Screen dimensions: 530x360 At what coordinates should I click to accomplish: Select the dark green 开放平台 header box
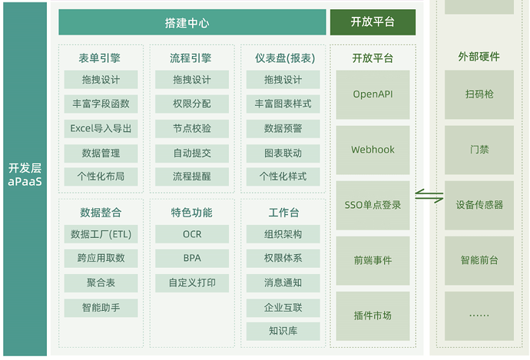(x=373, y=22)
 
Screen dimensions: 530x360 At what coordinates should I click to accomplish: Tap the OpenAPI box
(x=373, y=94)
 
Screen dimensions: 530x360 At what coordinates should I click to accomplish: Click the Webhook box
(x=373, y=150)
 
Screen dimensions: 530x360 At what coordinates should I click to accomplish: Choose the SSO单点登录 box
(x=373, y=205)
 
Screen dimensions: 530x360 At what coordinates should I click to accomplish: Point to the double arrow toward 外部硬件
(x=429, y=197)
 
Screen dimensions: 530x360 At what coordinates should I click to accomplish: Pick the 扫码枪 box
(x=479, y=94)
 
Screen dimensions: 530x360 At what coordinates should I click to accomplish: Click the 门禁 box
(x=479, y=150)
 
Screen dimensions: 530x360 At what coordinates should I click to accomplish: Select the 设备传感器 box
(x=479, y=205)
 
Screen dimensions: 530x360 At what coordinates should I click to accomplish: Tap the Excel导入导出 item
(x=101, y=128)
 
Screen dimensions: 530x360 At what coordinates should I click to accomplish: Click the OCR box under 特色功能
(x=192, y=234)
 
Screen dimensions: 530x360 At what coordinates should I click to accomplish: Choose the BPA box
(x=192, y=259)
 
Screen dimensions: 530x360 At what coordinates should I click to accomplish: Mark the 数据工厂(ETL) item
(x=101, y=234)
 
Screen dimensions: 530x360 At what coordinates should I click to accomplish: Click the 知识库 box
(x=283, y=332)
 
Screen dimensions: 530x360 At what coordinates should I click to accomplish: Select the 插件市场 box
(x=373, y=315)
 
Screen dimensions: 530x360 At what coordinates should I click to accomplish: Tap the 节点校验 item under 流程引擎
(x=192, y=128)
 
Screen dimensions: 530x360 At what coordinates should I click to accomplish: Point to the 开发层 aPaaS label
(x=25, y=175)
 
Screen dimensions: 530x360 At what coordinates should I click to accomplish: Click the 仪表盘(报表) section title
(x=284, y=58)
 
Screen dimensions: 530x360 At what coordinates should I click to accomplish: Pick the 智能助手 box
(x=101, y=308)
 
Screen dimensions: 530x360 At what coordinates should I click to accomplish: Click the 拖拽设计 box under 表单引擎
(x=101, y=80)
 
